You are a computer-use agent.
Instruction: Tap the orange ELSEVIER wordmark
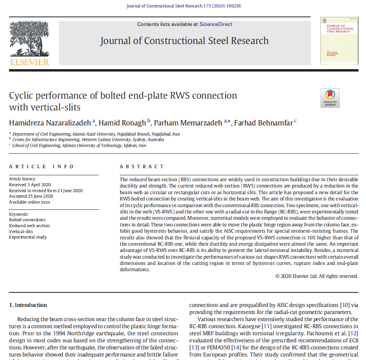pyautogui.click(x=29, y=62)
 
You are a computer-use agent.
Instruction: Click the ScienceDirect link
pyautogui.click(x=216, y=24)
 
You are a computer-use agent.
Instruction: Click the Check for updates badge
pyautogui.click(x=330, y=98)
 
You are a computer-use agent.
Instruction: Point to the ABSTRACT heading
pyautogui.click(x=142, y=167)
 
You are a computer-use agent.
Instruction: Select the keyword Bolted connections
pyautogui.click(x=27, y=220)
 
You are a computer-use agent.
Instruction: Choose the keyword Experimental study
pyautogui.click(x=28, y=237)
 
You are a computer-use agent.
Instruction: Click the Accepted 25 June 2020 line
pyautogui.click(x=31, y=196)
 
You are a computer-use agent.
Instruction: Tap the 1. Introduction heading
pyautogui.click(x=28, y=305)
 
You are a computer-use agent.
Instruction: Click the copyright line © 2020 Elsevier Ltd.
pyautogui.click(x=317, y=276)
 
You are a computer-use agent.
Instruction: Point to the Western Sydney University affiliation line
pyautogui.click(x=88, y=140)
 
